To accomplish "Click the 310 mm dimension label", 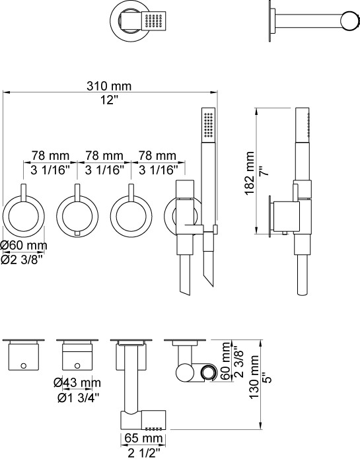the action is [109, 86].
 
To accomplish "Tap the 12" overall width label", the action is [109, 100].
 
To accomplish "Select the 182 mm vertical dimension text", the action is [250, 173].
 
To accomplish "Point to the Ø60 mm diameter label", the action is [24, 245].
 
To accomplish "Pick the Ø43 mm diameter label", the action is [77, 383].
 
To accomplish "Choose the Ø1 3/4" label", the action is [79, 398].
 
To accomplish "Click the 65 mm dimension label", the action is [143, 438].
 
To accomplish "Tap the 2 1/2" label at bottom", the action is [144, 453].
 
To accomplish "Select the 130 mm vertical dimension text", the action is [254, 377].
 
